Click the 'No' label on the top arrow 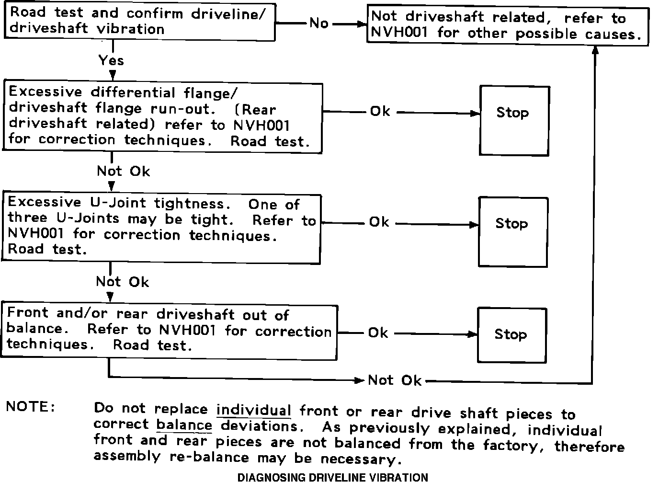click(x=319, y=23)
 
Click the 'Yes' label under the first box click(x=111, y=60)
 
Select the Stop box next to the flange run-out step click(x=514, y=121)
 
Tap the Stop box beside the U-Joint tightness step click(x=513, y=232)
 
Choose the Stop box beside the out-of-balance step click(x=511, y=335)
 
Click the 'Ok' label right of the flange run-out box click(x=380, y=112)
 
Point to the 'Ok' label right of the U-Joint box click(x=379, y=222)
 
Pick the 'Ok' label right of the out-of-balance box click(x=378, y=333)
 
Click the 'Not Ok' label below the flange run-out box click(x=123, y=171)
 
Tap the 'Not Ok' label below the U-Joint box click(x=122, y=282)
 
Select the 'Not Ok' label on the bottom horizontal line click(x=395, y=380)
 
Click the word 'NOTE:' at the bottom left click(x=31, y=407)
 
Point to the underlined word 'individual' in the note click(x=254, y=410)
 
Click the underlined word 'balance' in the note click(x=184, y=425)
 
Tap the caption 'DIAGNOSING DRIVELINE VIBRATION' click(x=333, y=477)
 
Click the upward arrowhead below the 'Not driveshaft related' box click(x=595, y=51)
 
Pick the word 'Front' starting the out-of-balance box click(x=28, y=313)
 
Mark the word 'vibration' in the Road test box click(x=131, y=29)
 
